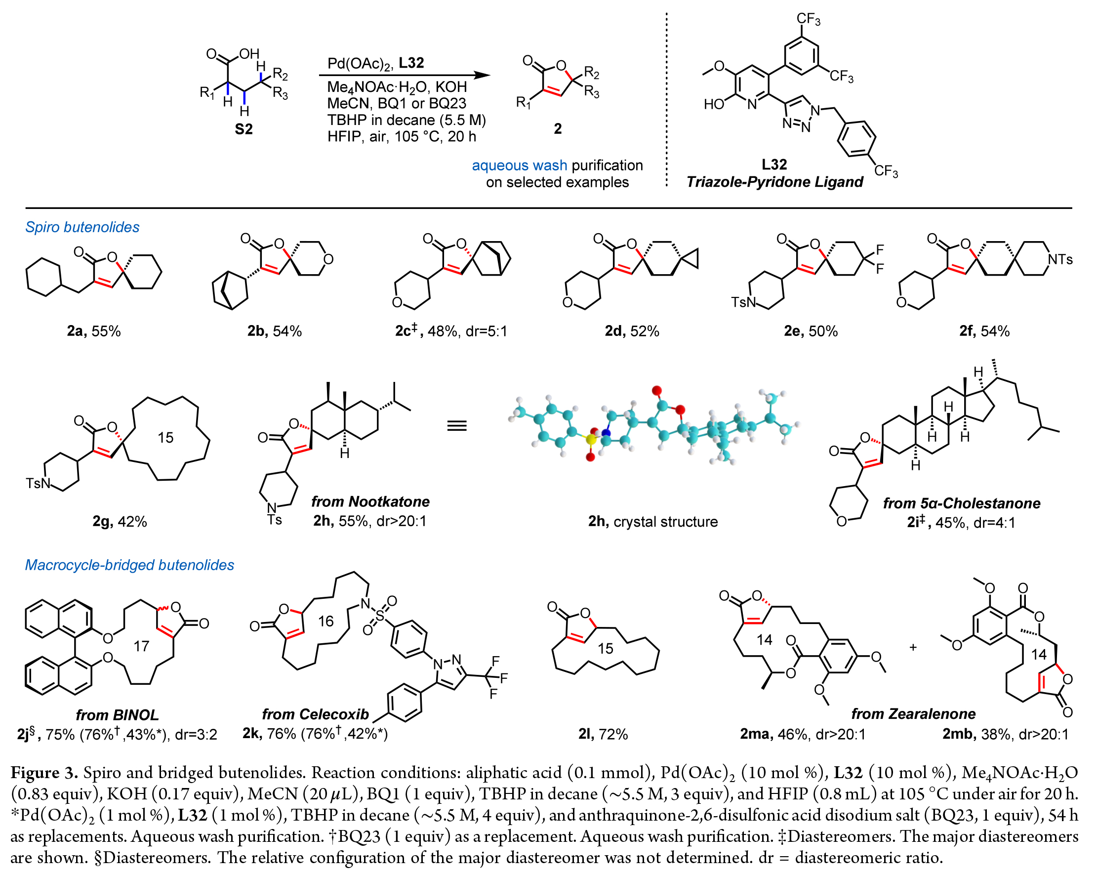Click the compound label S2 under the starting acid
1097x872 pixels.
(243, 129)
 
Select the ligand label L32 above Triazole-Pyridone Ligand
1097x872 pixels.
(774, 165)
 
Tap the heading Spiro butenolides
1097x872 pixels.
(82, 227)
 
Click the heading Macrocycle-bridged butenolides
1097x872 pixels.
(129, 565)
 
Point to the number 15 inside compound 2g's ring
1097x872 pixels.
(165, 437)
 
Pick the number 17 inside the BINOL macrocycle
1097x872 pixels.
(141, 646)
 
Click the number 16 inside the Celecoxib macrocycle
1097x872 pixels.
(325, 621)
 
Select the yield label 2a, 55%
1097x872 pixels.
(94, 332)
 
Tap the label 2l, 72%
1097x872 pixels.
(603, 734)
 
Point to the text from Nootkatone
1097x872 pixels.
(370, 502)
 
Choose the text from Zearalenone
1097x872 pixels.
(913, 714)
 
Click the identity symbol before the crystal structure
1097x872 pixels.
(456, 425)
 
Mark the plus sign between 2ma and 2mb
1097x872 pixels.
(913, 648)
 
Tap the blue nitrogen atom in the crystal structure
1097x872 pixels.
(606, 433)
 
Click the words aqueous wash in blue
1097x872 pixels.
(519, 166)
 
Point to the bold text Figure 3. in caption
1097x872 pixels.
(44, 773)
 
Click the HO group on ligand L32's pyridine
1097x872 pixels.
(713, 104)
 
